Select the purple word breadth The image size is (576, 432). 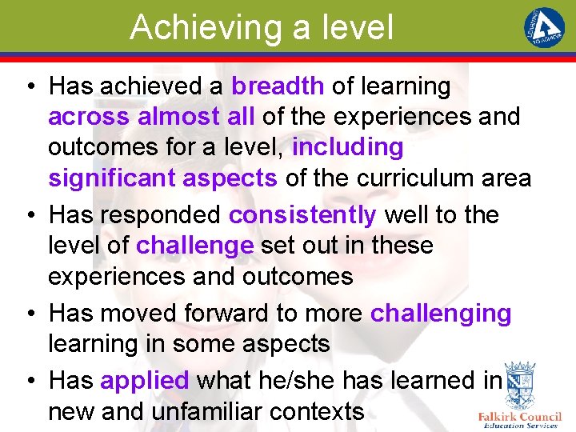click(278, 86)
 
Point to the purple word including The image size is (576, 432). click(348, 147)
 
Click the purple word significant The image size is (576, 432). click(111, 178)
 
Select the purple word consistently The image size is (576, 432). click(302, 215)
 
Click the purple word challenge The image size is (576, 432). click(194, 246)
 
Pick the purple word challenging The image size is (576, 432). click(441, 313)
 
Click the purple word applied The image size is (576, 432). click(145, 381)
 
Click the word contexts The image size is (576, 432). click(318, 412)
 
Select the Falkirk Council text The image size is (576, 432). click(519, 417)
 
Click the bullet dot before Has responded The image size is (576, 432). click(28, 216)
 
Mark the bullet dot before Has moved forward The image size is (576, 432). click(28, 314)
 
